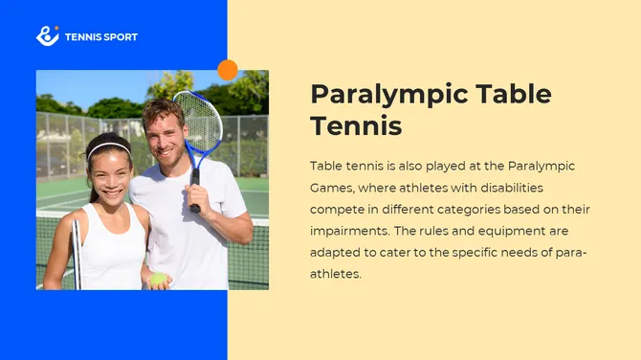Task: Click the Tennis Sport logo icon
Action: pos(47,36)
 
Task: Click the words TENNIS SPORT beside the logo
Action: pos(100,37)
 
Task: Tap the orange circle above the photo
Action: pos(228,70)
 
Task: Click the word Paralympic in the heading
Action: pos(390,94)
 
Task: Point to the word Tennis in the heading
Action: pos(356,125)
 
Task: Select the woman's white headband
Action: pos(109,147)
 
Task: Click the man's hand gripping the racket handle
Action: pos(194,189)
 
